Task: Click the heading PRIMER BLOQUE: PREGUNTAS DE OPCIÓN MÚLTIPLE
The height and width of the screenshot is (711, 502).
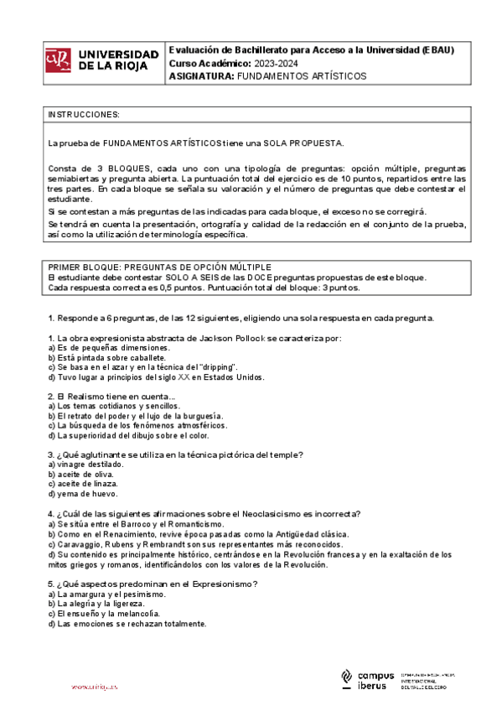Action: point(153,267)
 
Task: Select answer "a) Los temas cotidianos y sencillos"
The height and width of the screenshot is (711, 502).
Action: point(114,406)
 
